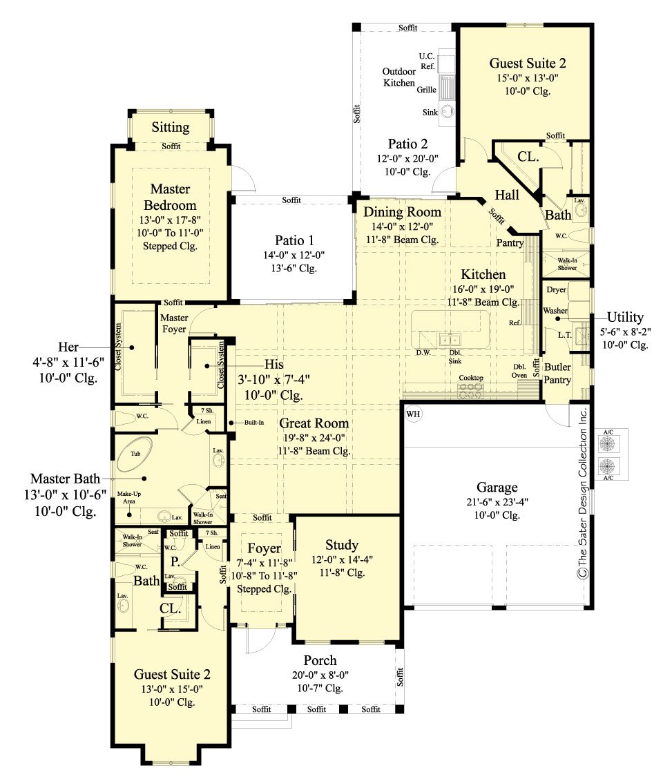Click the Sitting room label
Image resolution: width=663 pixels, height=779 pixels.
coord(171,127)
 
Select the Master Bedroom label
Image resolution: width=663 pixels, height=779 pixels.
coord(170,197)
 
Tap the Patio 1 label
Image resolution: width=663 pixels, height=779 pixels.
coord(294,240)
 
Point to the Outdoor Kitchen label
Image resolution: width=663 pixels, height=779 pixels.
coord(400,77)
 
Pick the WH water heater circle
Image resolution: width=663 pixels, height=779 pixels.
coord(413,414)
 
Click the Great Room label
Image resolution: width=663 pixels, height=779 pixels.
coord(314,423)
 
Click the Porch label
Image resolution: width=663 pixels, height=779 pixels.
coord(320,660)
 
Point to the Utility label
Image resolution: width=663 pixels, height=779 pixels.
coord(625,317)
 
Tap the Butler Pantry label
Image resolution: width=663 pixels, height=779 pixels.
coord(557,373)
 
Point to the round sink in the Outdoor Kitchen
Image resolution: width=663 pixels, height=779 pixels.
coord(448,111)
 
